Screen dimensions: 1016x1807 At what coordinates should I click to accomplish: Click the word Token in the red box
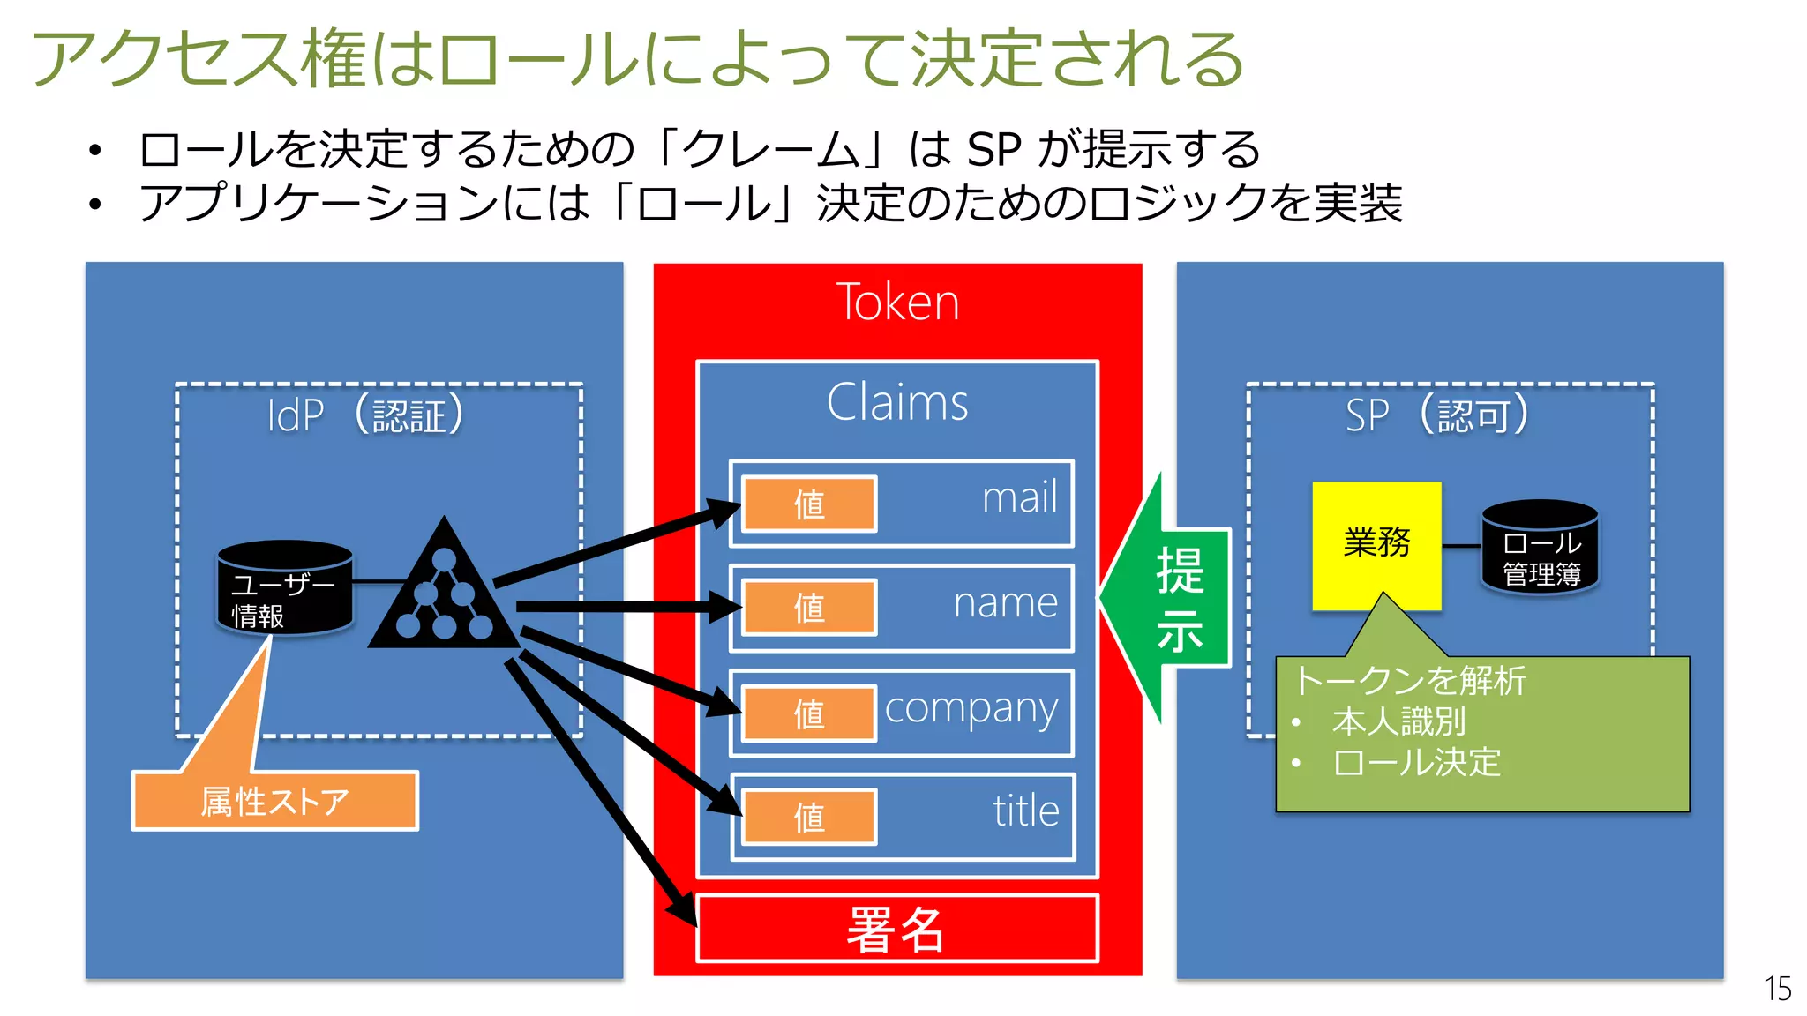pyautogui.click(x=897, y=303)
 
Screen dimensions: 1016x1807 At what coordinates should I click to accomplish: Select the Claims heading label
pyautogui.click(x=897, y=403)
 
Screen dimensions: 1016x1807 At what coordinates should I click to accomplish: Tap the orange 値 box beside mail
pyautogui.click(x=809, y=504)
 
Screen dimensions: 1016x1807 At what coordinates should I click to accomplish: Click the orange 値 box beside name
pyautogui.click(x=809, y=608)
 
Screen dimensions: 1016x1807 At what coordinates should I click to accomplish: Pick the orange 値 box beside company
pyautogui.click(x=809, y=713)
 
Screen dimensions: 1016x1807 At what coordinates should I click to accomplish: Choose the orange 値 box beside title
pyautogui.click(x=809, y=817)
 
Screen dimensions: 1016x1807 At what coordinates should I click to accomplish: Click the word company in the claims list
pyautogui.click(x=971, y=709)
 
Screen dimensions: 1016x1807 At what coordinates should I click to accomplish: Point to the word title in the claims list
pyautogui.click(x=1025, y=811)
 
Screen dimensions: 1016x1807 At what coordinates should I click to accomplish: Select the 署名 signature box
pyautogui.click(x=897, y=929)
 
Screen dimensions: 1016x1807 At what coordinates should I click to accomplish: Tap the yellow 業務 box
pyautogui.click(x=1376, y=543)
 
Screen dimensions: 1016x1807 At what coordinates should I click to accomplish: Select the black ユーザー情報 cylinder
pyautogui.click(x=284, y=589)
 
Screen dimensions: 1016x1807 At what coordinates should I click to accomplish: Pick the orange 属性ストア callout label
pyautogui.click(x=275, y=801)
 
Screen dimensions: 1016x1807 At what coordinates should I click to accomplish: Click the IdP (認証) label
pyautogui.click(x=365, y=415)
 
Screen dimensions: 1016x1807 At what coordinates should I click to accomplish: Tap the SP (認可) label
pyautogui.click(x=1437, y=415)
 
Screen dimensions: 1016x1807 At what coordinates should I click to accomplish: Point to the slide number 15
pyautogui.click(x=1777, y=989)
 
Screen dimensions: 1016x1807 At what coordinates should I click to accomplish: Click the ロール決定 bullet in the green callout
pyautogui.click(x=1417, y=763)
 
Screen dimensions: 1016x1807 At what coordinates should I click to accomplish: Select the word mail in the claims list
pyautogui.click(x=1019, y=498)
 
